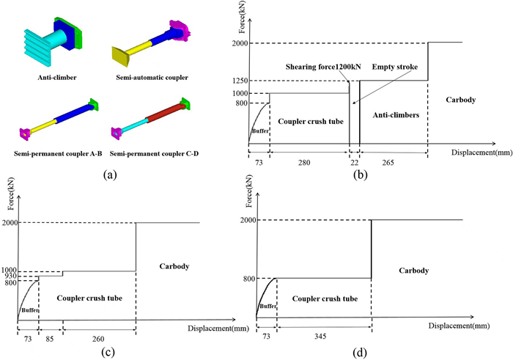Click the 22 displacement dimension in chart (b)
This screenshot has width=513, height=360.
[x=355, y=162]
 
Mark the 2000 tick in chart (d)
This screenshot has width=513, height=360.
[x=246, y=219]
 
